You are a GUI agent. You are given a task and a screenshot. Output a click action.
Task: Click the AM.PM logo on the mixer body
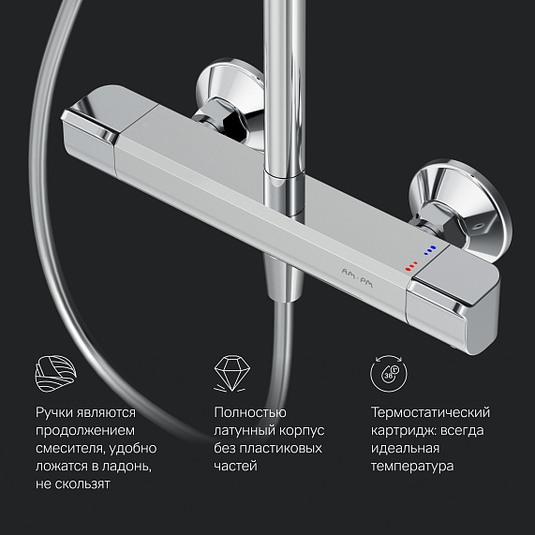pyautogui.click(x=357, y=277)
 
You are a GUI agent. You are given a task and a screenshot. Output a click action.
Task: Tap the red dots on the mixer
pyautogui.click(x=411, y=266)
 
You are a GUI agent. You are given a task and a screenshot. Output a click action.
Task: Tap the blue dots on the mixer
pyautogui.click(x=430, y=250)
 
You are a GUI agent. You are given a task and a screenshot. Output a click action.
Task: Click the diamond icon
pyautogui.click(x=231, y=373)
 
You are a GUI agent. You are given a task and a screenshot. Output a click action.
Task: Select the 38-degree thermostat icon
pyautogui.click(x=389, y=374)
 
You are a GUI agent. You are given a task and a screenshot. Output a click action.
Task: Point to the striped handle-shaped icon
pyautogui.click(x=56, y=373)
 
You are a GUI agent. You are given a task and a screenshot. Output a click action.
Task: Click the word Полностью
pyautogui.click(x=250, y=412)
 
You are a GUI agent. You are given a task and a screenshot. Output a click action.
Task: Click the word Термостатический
pyautogui.click(x=430, y=412)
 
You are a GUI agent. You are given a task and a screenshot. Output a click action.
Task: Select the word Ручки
pyautogui.click(x=54, y=413)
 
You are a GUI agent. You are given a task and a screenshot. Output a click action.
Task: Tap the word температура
pyautogui.click(x=412, y=466)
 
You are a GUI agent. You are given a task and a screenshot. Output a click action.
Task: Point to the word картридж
pyautogui.click(x=401, y=431)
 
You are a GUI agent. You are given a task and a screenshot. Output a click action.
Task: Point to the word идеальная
pyautogui.click(x=405, y=449)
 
